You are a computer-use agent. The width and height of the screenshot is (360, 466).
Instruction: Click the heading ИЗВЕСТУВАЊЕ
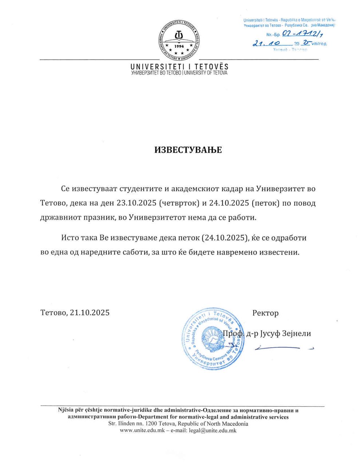point(188,150)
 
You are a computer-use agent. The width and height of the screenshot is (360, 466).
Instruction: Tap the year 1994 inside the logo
point(179,46)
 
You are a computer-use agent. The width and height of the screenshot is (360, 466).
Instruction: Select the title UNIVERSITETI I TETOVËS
point(179,67)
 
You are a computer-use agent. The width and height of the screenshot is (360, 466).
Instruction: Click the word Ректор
point(265,313)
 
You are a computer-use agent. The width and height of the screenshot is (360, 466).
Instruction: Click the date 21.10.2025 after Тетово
point(90,313)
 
